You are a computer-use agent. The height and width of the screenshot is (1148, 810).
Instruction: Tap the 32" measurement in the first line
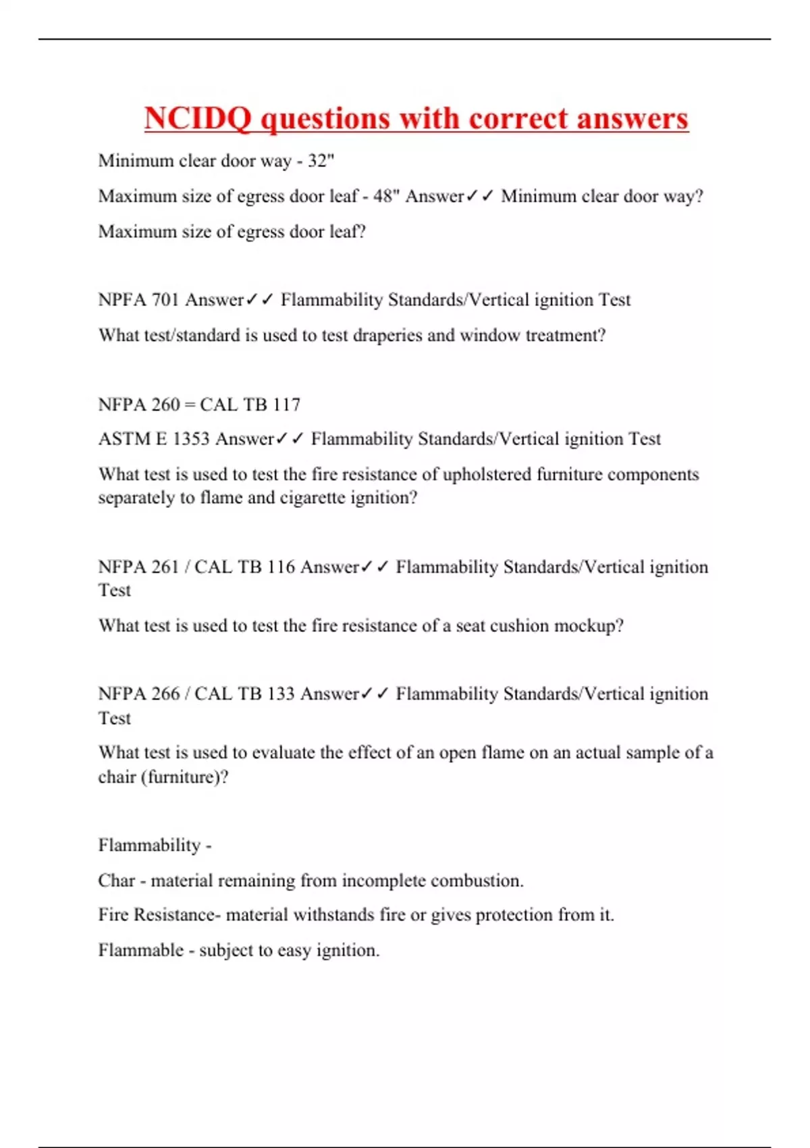pyautogui.click(x=321, y=161)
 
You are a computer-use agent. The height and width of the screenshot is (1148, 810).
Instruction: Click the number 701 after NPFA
pyautogui.click(x=165, y=300)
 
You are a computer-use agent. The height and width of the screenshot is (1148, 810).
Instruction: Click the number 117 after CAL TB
pyautogui.click(x=287, y=405)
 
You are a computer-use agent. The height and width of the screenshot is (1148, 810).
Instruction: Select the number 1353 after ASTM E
pyautogui.click(x=191, y=439)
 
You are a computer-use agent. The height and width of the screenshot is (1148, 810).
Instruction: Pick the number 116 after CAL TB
pyautogui.click(x=281, y=567)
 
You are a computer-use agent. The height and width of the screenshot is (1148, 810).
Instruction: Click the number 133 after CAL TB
pyautogui.click(x=281, y=694)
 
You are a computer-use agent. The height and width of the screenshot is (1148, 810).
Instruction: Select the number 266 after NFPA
pyautogui.click(x=165, y=694)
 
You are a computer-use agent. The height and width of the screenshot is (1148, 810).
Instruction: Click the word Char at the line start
pyautogui.click(x=117, y=881)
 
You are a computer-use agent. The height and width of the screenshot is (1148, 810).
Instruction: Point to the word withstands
pyautogui.click(x=332, y=915)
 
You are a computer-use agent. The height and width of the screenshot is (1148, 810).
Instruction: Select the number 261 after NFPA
pyautogui.click(x=165, y=567)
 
